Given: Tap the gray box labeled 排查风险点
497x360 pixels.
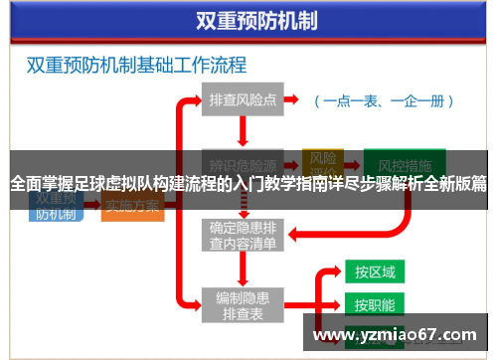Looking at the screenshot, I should [x=242, y=99].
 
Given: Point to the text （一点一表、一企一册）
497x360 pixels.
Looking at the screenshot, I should [x=384, y=100].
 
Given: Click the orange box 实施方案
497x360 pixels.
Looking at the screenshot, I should [x=132, y=207].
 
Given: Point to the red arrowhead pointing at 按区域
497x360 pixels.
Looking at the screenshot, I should [x=338, y=271].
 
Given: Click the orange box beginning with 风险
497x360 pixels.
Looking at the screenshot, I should [x=323, y=159].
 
